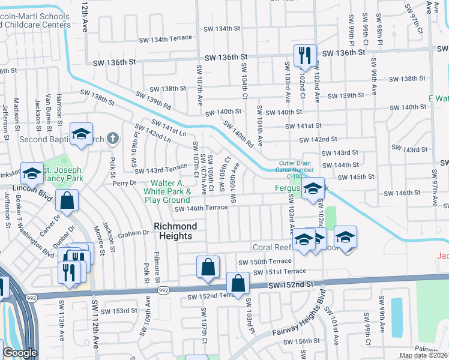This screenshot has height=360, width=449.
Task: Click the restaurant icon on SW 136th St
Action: point(305,55)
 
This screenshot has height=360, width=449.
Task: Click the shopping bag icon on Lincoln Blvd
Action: point(68,201)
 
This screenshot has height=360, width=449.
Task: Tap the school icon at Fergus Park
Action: point(313,188)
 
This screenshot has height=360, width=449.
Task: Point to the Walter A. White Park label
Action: point(170,191)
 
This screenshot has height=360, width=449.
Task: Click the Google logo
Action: point(20,353)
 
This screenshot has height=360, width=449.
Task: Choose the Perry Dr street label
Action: point(125,181)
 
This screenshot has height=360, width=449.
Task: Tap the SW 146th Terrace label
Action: point(201,208)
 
